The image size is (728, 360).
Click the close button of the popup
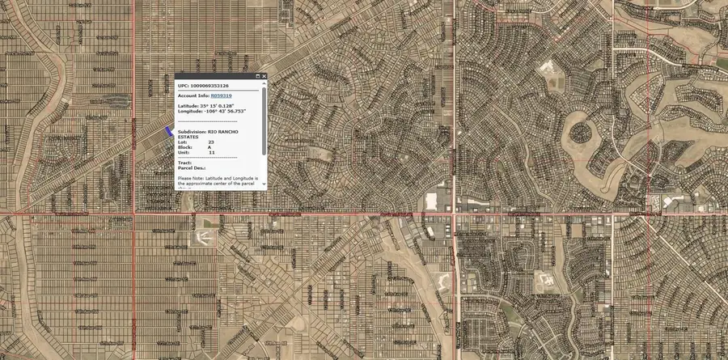tap(264, 76)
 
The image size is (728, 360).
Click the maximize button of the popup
tap(257, 76)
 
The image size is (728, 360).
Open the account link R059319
tap(221, 95)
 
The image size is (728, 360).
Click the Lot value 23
tap(211, 142)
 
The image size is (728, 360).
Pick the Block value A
tap(210, 147)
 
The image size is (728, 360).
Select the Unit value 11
tap(212, 152)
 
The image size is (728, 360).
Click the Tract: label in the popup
tap(184, 163)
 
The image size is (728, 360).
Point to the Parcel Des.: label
tap(192, 167)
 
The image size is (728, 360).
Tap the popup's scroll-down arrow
tap(264, 185)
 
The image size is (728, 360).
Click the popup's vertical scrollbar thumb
tap(264, 121)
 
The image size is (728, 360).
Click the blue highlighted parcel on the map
tap(169, 129)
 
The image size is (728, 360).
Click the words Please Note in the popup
tap(189, 177)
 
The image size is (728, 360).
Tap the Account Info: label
tap(193, 95)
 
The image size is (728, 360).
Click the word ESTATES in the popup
tap(188, 137)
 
